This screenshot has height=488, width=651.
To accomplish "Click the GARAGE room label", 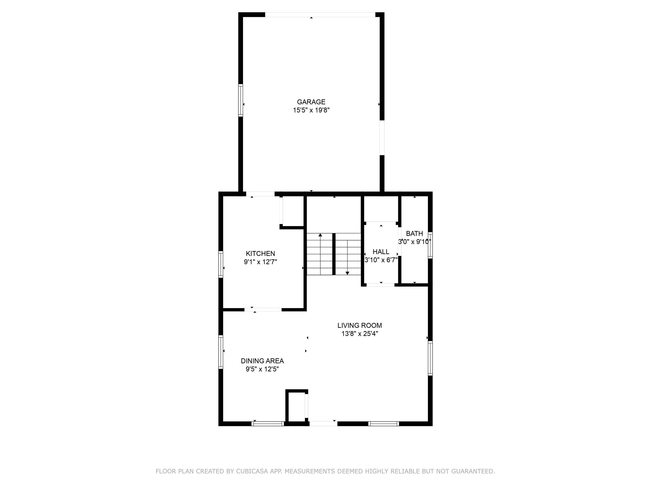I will [311, 102].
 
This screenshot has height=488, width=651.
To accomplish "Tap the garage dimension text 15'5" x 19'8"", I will [311, 110].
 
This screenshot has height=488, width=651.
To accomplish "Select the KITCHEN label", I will [260, 254].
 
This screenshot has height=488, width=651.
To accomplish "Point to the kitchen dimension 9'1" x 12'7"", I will [260, 262].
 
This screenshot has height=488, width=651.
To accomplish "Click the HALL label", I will [381, 252].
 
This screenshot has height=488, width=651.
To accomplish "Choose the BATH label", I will [414, 234].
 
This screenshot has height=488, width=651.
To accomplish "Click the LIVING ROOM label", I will [360, 325].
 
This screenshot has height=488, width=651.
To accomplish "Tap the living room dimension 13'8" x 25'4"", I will [360, 334].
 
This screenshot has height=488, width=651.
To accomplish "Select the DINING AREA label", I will [262, 361].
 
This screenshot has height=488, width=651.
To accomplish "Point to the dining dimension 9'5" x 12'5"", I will [262, 369].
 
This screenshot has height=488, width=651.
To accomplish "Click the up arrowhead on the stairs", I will [320, 235].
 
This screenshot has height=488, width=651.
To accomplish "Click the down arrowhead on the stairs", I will [347, 273].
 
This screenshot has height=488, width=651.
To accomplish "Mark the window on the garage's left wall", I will [241, 100].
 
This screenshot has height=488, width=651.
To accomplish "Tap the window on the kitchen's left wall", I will [220, 264].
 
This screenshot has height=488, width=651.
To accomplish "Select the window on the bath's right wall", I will [430, 245].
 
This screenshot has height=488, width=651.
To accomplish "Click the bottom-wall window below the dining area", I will [267, 424].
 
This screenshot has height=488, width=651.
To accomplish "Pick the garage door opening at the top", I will [320, 14].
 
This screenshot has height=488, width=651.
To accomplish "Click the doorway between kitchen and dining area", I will [263, 309].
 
